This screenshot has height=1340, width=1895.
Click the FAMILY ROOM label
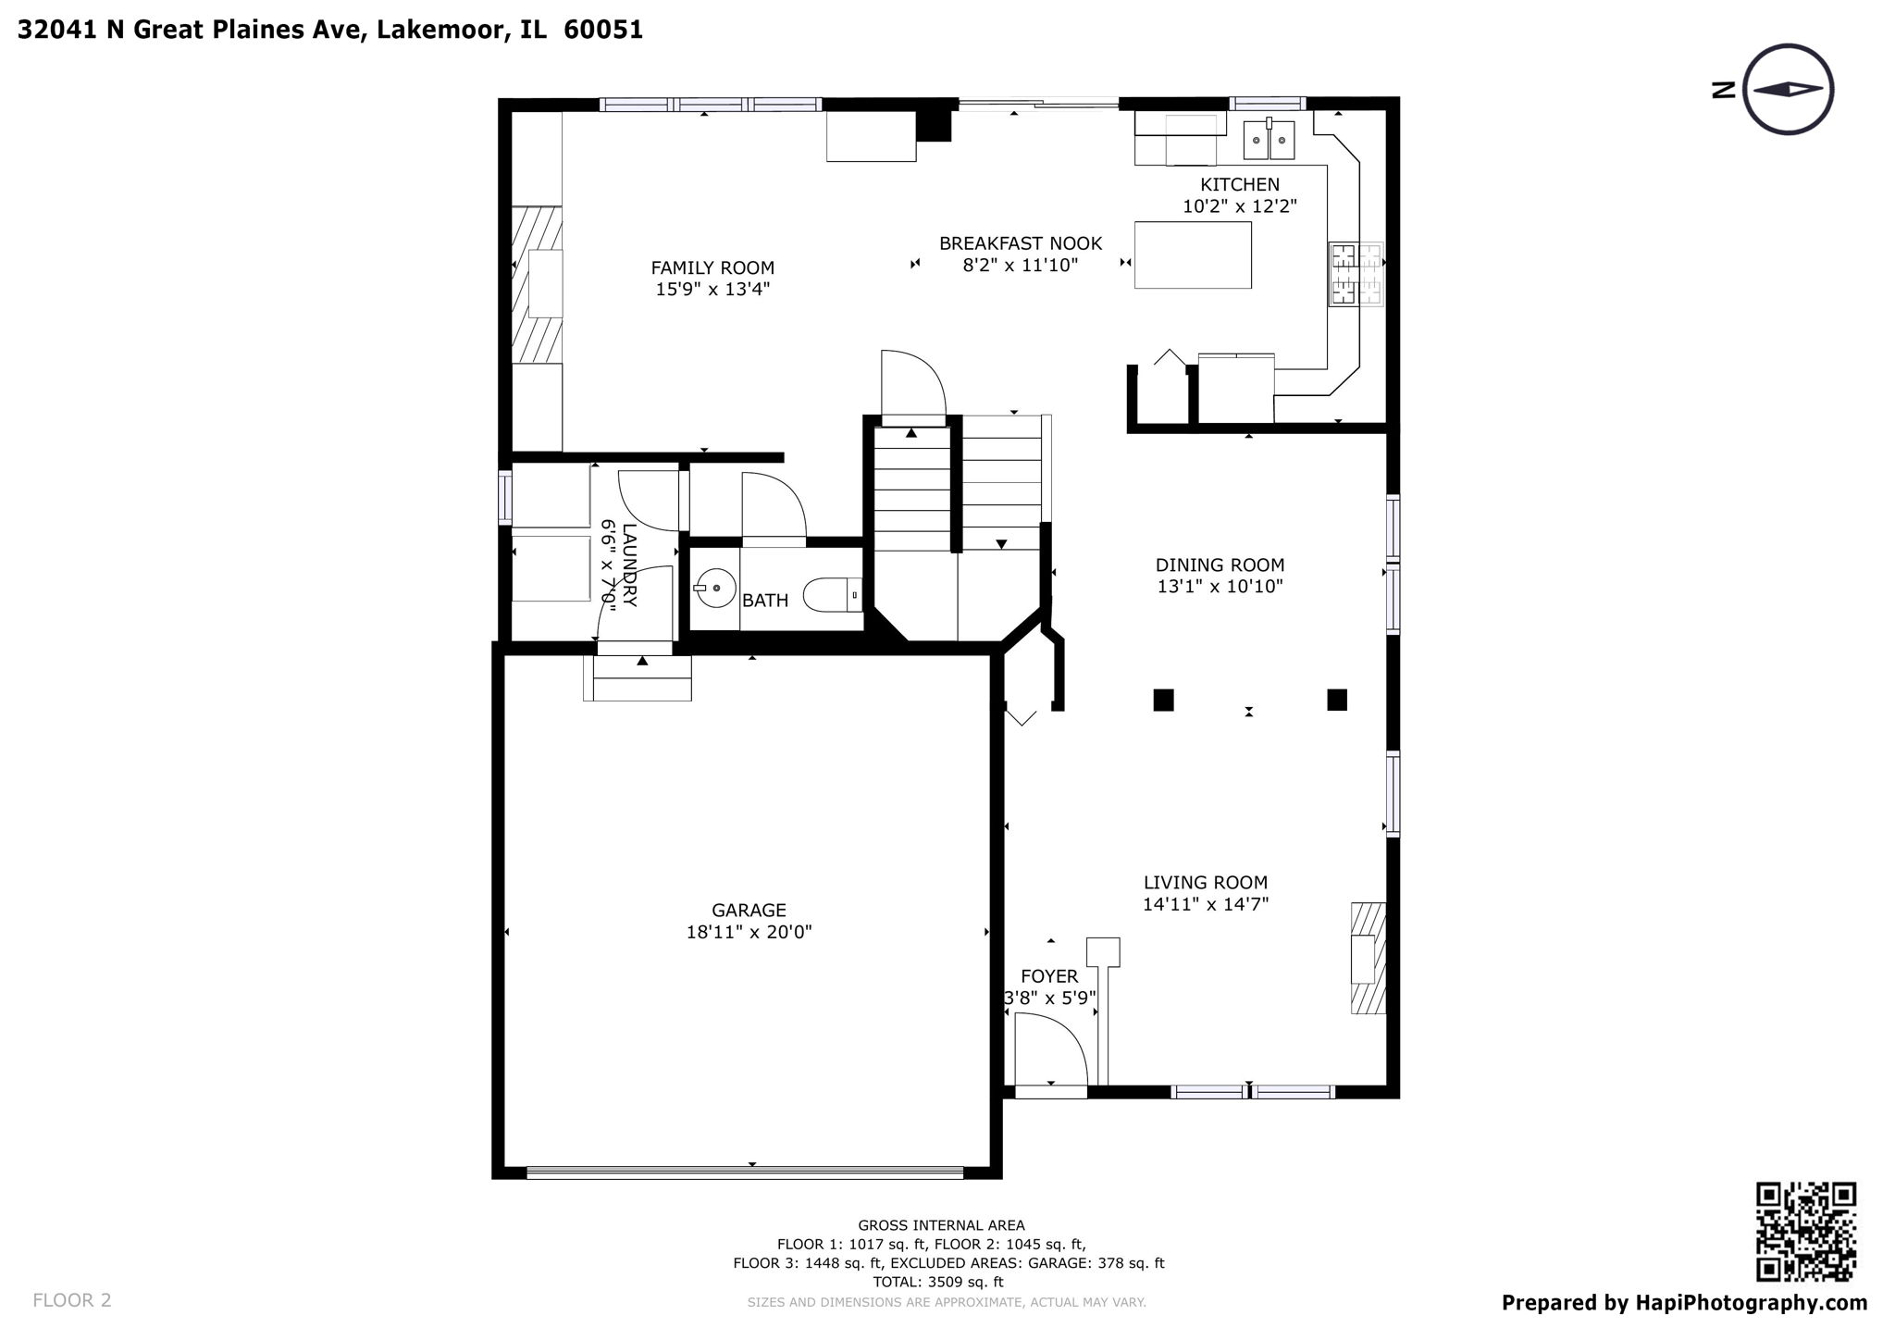coord(712,268)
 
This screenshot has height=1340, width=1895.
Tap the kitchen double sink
coord(1268,141)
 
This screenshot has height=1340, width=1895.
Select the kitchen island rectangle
coord(1193,254)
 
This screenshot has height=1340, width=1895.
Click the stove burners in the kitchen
coord(1356,274)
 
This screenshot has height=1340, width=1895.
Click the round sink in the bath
coord(715,587)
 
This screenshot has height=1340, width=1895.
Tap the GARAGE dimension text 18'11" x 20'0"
coord(749,932)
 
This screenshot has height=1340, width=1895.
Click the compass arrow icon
coord(1788,90)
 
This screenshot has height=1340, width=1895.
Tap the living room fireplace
coord(1368,958)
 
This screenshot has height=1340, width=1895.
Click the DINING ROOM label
coord(1220,565)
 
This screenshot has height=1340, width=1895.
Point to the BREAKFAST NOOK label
coord(1020,243)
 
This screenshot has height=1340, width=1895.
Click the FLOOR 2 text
coord(71,1300)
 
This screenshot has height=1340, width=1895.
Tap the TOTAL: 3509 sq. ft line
coord(937,1282)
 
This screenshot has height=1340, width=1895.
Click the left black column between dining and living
coord(1163,700)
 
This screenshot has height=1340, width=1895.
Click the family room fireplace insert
coord(545,283)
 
